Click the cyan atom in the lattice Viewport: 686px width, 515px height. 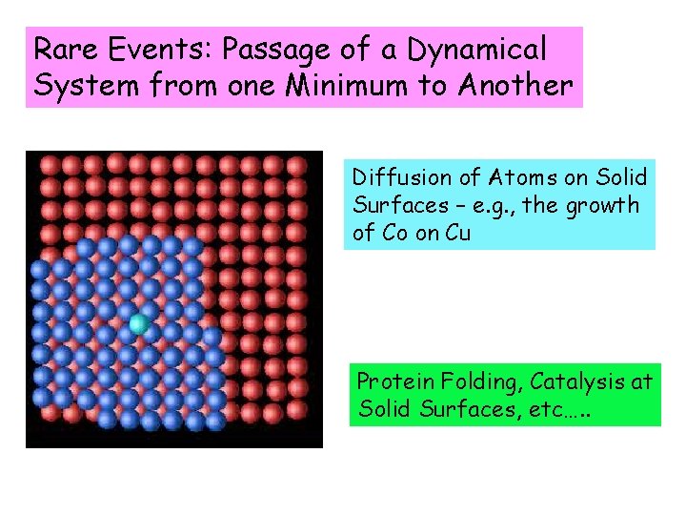click(139, 324)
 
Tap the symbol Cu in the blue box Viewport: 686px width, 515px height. click(457, 234)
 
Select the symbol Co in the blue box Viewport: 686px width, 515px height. click(366, 234)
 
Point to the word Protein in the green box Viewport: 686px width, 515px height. click(393, 382)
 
